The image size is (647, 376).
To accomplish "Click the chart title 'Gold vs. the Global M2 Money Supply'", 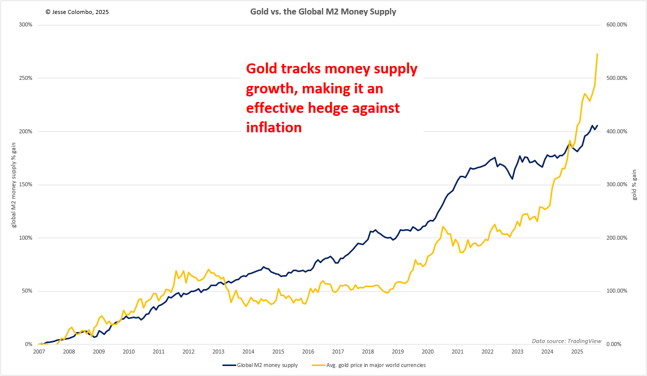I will pos(323,11).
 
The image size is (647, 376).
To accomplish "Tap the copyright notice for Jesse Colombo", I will pos(76,11).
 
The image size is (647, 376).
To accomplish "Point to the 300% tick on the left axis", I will pos(25,25).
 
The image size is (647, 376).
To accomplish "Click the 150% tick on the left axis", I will pos(25,185).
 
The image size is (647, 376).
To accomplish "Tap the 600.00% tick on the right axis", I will pos(617,25).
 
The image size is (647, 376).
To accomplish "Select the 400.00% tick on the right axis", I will pos(617,131).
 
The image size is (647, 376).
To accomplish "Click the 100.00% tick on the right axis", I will pos(617,291).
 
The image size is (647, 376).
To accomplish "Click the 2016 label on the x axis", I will pos(308,352).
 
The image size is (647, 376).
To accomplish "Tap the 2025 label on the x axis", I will pos(577,352).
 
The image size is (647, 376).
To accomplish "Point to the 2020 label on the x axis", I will pos(427,352).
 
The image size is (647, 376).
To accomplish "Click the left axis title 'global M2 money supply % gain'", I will pos(14,185).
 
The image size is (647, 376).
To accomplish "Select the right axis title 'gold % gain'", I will pos(635,185).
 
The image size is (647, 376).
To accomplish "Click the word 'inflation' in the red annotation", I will pos(274,128).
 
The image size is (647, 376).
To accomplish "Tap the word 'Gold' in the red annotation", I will pos(263,69).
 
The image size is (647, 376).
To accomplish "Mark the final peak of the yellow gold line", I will pos(597,54).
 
